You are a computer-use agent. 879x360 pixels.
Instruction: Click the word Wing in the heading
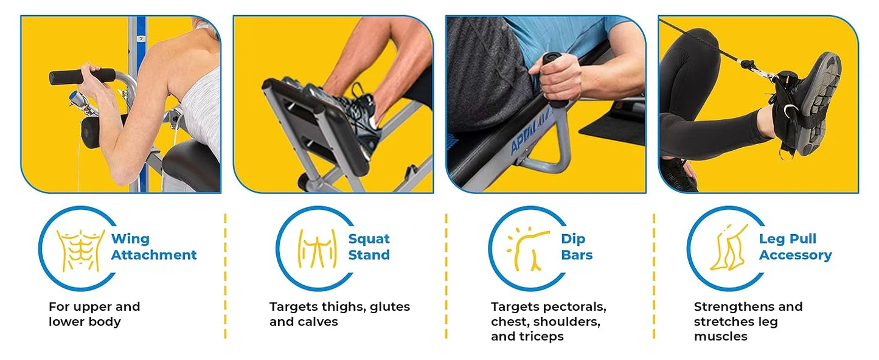coord(130,239)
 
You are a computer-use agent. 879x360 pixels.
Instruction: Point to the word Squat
coord(369,239)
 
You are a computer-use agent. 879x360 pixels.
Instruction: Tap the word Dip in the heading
coord(573,239)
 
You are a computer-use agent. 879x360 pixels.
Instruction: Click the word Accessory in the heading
coord(795,255)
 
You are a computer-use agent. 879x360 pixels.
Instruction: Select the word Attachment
coord(154,255)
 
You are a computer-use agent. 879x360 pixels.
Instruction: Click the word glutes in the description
coord(391,307)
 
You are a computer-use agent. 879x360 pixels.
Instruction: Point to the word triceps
coord(541,336)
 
